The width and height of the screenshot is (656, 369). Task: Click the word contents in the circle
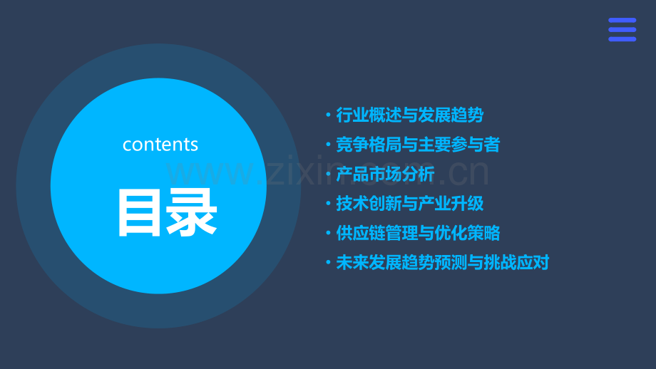tap(160, 145)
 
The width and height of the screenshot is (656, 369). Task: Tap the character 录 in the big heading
tap(192, 212)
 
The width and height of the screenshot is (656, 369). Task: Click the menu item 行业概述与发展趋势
tap(409, 115)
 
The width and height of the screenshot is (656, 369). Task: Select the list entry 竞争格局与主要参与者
tap(418, 145)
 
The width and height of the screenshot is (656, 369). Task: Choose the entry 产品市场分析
tap(385, 174)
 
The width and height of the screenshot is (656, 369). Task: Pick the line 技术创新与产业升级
tap(409, 203)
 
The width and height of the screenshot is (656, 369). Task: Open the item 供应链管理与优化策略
tap(418, 233)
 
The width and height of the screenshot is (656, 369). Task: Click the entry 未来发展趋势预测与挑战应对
tap(442, 262)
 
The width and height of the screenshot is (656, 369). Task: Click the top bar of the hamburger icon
tap(622, 21)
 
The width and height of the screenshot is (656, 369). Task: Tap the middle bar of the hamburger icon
tap(622, 30)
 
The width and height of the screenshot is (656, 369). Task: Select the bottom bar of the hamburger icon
tap(622, 39)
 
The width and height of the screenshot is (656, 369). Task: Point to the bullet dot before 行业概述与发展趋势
tap(327, 115)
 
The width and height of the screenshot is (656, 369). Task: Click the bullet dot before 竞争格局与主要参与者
tap(327, 145)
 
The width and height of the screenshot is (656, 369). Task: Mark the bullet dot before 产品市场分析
tap(327, 174)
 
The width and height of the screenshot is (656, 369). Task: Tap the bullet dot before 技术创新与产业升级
tap(327, 204)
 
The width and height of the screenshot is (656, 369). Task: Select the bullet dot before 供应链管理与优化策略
tap(327, 233)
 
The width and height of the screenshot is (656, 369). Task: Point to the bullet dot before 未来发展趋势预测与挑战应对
tap(327, 262)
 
